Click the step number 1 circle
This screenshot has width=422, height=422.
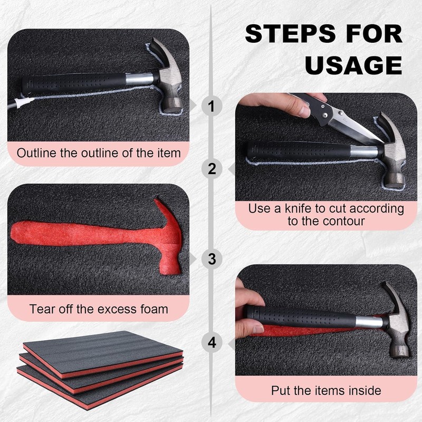click(212, 107)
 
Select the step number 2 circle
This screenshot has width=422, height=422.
click(212, 169)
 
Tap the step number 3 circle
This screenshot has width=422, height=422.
click(212, 259)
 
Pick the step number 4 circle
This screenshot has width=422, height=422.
click(212, 342)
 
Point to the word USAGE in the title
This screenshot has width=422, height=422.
click(353, 65)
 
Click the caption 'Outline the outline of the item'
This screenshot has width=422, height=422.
click(99, 154)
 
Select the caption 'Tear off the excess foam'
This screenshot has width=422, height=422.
click(99, 309)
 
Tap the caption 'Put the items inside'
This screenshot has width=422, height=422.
click(325, 391)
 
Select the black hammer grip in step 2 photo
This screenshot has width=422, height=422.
click(306, 150)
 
